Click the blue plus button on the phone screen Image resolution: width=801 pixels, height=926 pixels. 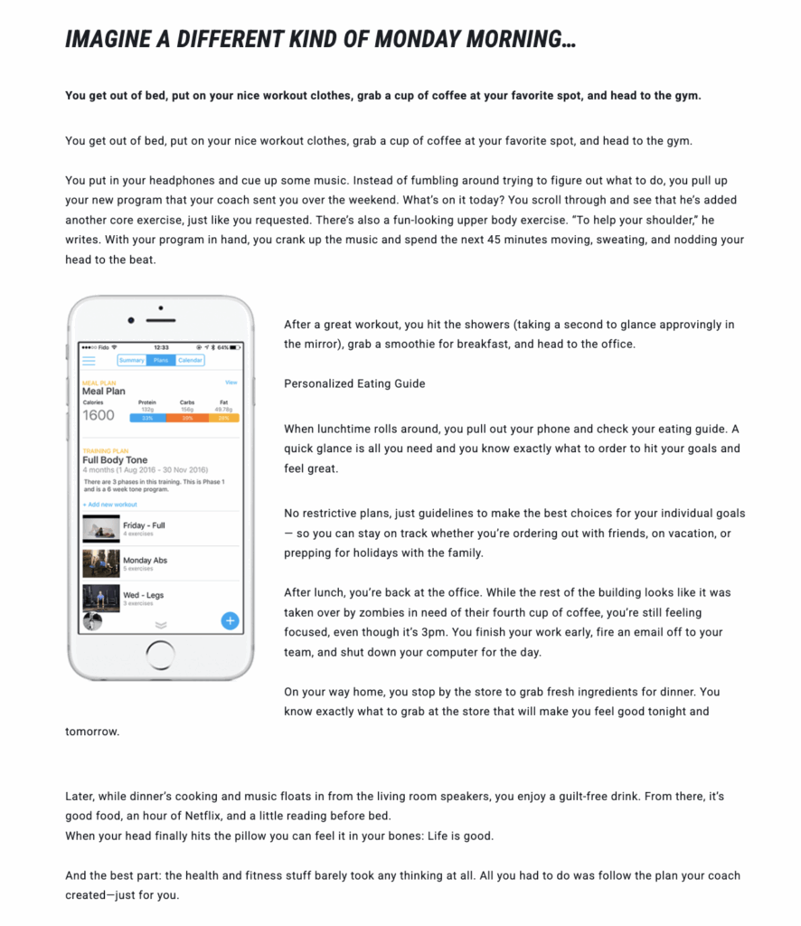230,620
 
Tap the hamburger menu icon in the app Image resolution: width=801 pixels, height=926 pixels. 89,360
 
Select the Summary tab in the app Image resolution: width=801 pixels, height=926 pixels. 132,360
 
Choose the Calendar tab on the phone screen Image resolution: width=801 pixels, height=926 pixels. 190,360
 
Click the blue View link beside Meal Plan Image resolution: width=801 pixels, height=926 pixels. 231,383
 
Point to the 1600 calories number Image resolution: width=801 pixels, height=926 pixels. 99,415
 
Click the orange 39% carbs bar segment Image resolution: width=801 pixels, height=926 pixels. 187,418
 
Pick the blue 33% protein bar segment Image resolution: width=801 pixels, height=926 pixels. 146,418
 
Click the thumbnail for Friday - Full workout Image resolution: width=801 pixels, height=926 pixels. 100,528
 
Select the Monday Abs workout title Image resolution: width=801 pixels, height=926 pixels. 145,561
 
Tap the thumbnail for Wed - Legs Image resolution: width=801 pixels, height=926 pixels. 100,598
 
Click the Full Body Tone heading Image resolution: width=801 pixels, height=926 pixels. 115,459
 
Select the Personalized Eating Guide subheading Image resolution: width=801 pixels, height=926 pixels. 353,383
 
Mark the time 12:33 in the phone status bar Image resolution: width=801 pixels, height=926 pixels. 161,346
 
